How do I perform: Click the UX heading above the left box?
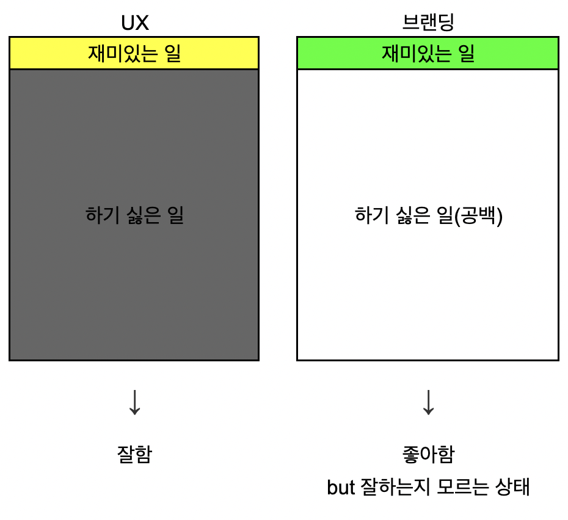134,22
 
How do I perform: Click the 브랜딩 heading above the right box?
428,22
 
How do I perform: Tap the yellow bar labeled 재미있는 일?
134,53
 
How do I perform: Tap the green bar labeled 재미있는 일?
428,53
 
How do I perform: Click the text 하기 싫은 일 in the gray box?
134,215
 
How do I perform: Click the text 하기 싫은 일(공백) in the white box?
428,215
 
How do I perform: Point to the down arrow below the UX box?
134,402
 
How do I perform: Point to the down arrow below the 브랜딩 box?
428,402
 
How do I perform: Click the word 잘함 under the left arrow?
134,454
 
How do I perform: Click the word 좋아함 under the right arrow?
428,454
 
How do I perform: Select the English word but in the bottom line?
341,488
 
